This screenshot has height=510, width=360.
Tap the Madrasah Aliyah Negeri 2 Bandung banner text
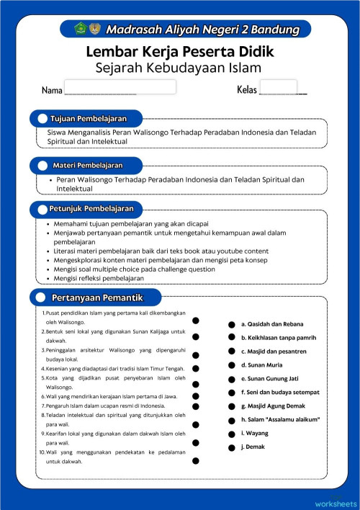point(202,30)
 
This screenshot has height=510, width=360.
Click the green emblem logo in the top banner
point(81,29)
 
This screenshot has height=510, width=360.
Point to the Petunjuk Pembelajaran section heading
point(92,209)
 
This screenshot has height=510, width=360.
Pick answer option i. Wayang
point(255,433)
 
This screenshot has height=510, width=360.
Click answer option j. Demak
point(255,447)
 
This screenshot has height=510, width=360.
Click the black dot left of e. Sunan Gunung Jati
point(231,379)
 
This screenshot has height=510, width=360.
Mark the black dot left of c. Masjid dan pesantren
point(231,352)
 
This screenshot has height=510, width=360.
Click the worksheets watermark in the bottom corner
point(336,502)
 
